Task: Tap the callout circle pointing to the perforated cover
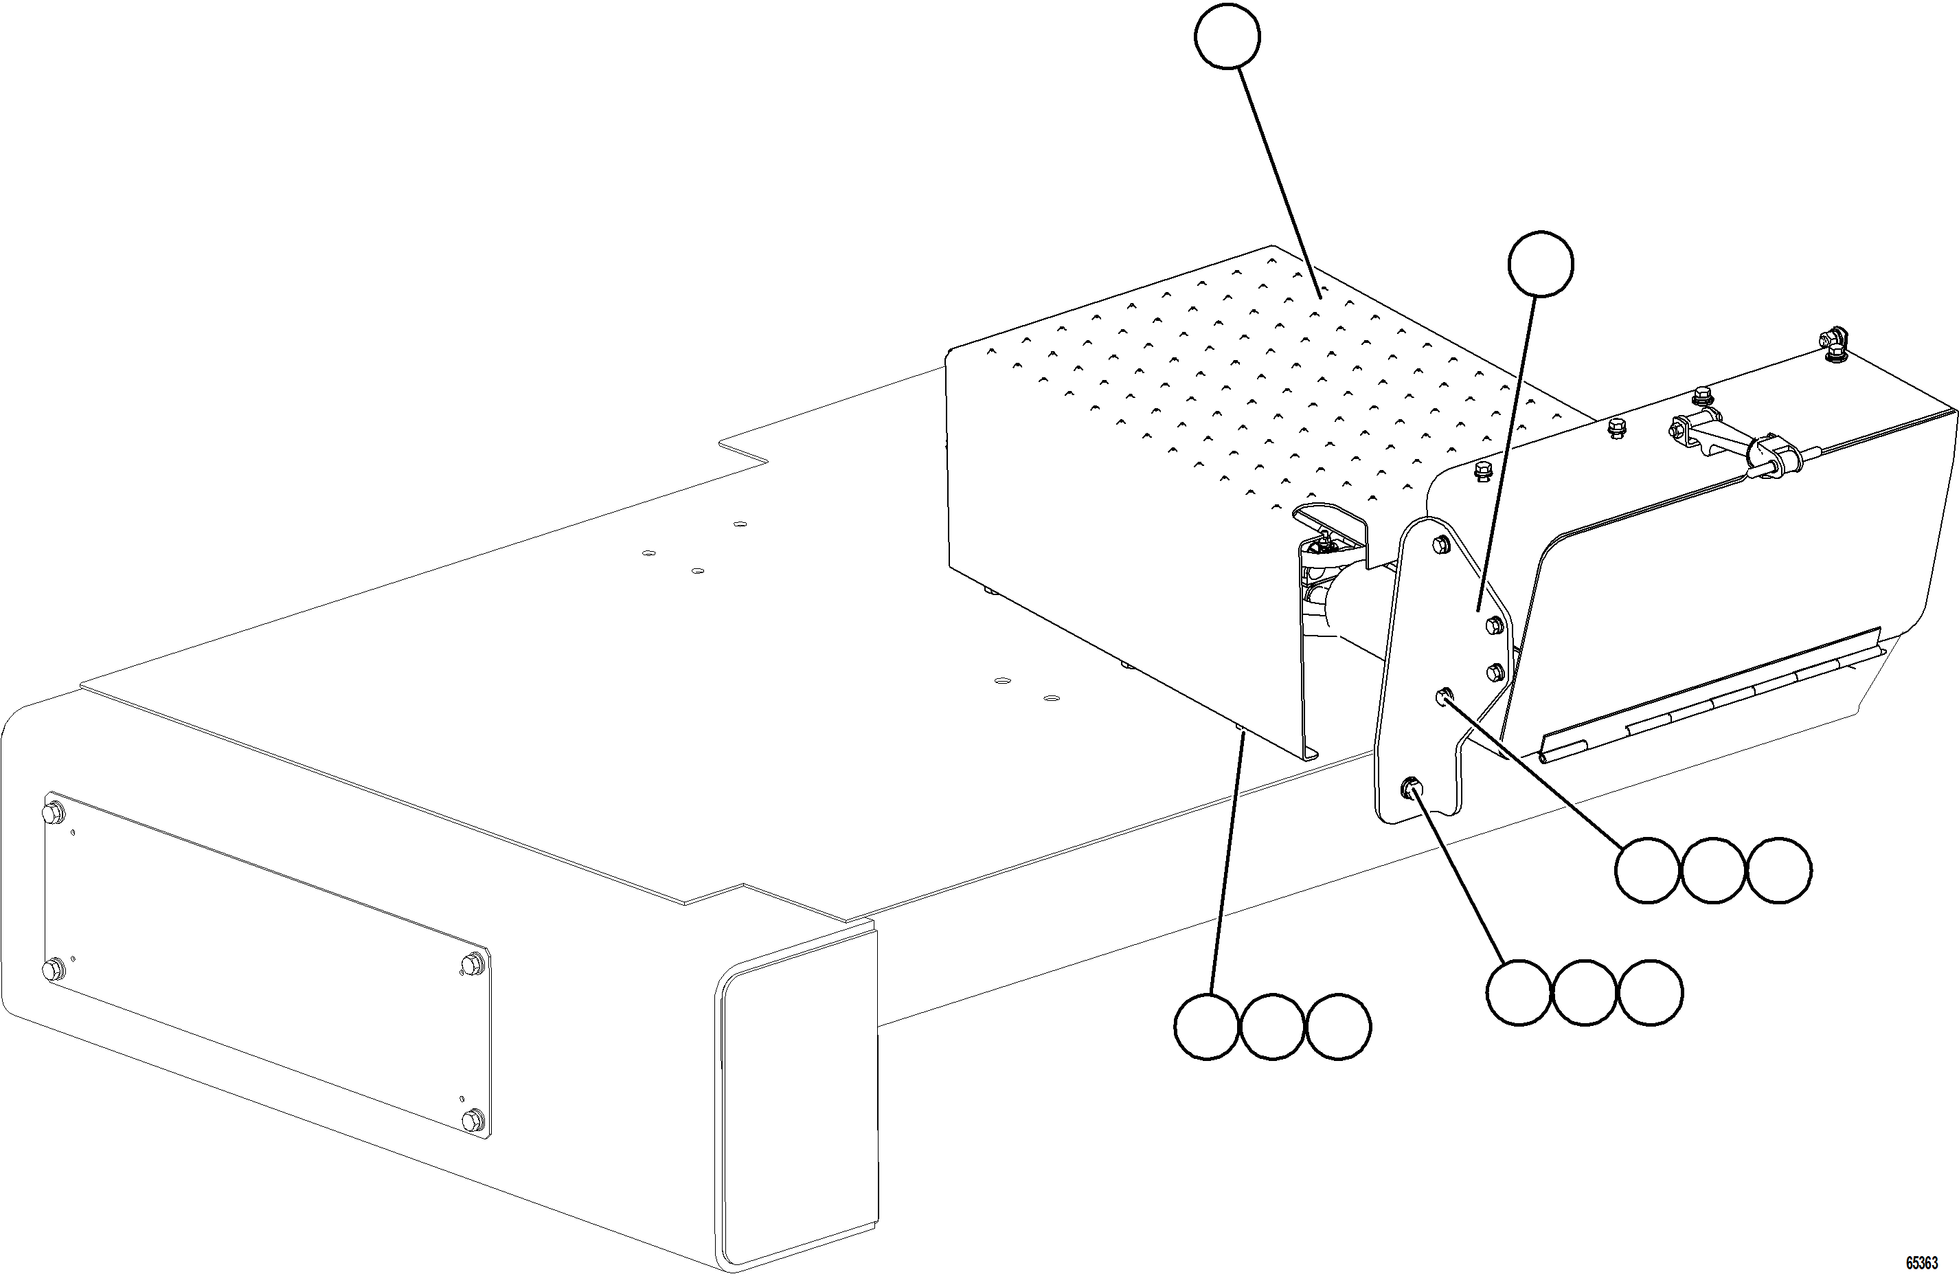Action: click(1226, 36)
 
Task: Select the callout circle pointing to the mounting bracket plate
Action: click(1541, 264)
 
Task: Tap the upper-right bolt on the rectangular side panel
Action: click(472, 964)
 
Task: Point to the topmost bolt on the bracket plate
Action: click(1440, 544)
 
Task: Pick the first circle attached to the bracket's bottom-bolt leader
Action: click(1519, 992)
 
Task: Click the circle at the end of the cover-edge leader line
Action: click(1206, 1027)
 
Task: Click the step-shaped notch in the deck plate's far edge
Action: click(743, 451)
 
